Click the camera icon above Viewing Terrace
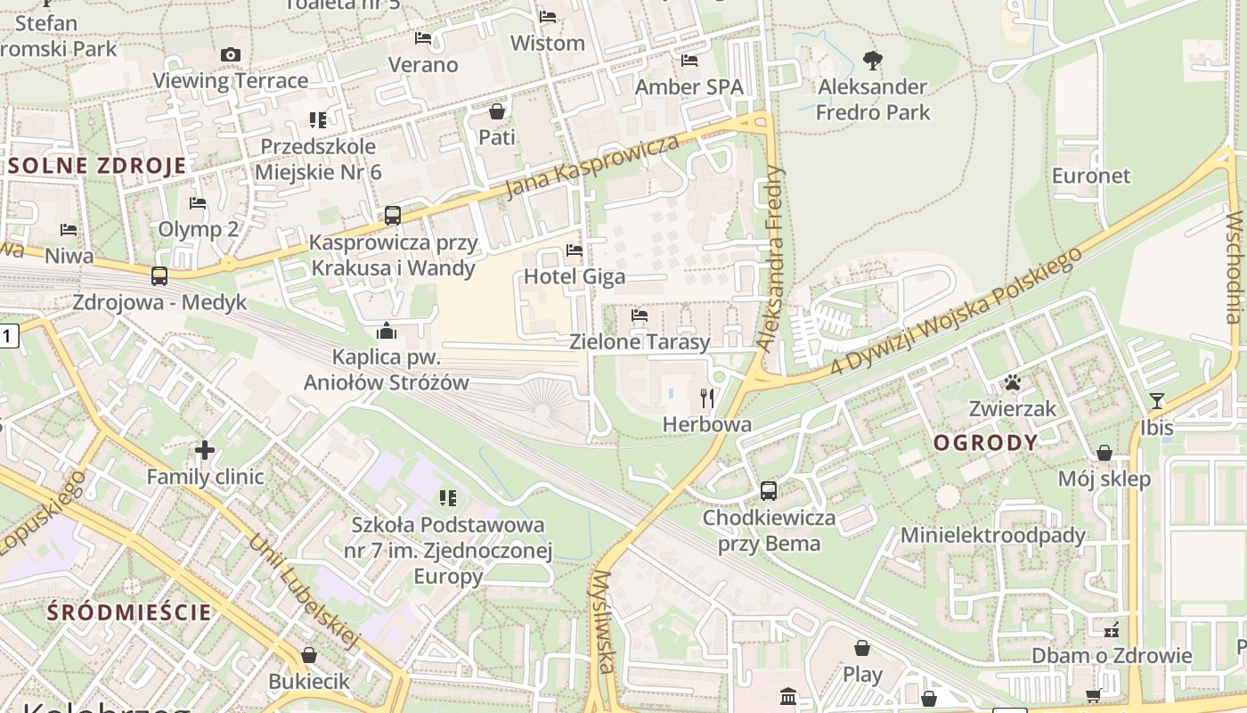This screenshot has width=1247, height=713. [x=231, y=55]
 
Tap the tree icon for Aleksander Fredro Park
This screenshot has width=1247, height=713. [x=873, y=61]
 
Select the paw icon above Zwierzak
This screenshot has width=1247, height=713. [x=1013, y=383]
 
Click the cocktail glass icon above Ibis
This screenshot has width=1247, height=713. [x=1157, y=401]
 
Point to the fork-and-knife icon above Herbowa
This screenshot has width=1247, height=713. [x=707, y=397]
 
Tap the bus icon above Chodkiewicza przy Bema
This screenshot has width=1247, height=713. [x=769, y=490]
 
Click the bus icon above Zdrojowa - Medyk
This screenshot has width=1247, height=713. [x=159, y=276]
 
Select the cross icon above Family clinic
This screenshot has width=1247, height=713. [x=205, y=450]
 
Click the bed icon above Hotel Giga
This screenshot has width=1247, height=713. [x=575, y=250]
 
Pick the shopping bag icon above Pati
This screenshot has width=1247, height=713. [x=497, y=111]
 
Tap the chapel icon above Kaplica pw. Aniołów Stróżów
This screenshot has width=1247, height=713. [x=387, y=331]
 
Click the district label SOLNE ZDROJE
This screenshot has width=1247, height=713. [x=98, y=166]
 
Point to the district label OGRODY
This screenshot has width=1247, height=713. [x=985, y=443]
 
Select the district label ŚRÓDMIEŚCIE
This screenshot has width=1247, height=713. [x=130, y=612]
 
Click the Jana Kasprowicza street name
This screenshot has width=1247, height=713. [x=591, y=167]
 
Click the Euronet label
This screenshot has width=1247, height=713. [x=1090, y=176]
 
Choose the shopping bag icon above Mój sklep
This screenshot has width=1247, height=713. [x=1104, y=453]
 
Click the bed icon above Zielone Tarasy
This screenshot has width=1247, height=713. [x=640, y=316]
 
